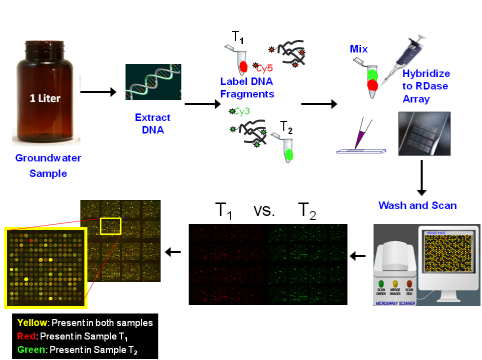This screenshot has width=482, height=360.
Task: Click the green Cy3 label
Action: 240,112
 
